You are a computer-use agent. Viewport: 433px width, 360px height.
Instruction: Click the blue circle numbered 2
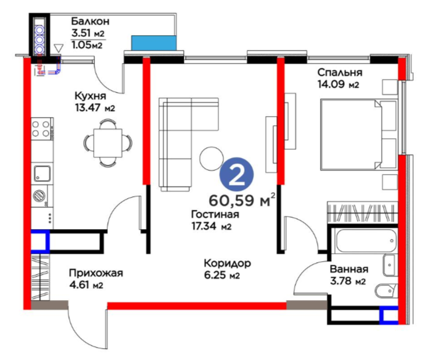[x=236, y=175]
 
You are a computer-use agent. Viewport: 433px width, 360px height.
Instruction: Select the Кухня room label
[x=90, y=96]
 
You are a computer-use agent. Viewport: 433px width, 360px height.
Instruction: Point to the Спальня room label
[x=340, y=72]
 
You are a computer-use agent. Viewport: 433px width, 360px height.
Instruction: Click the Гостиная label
[x=215, y=214]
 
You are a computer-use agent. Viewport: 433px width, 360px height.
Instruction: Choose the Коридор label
[x=227, y=263]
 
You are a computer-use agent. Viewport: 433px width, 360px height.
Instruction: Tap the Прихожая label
[x=96, y=273]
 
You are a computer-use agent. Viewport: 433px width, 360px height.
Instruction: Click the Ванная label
[x=349, y=269]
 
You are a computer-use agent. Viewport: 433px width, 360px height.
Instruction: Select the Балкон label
[x=90, y=21]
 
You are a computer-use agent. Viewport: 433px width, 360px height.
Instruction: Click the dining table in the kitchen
[x=108, y=143]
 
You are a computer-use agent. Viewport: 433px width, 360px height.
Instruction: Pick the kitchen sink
[x=42, y=174]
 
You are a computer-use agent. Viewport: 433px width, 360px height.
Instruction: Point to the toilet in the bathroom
[x=386, y=290]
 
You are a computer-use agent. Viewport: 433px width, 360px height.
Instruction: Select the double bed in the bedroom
[x=358, y=135]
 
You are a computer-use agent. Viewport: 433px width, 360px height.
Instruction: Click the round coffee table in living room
[x=212, y=159]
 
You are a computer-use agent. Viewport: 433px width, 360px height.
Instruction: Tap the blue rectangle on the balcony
[x=154, y=43]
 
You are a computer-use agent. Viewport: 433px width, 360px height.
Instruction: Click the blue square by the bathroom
[x=389, y=315]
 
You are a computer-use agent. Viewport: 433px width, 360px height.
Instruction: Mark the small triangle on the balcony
[x=58, y=48]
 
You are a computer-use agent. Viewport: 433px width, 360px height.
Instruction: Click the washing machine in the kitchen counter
[x=39, y=196]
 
